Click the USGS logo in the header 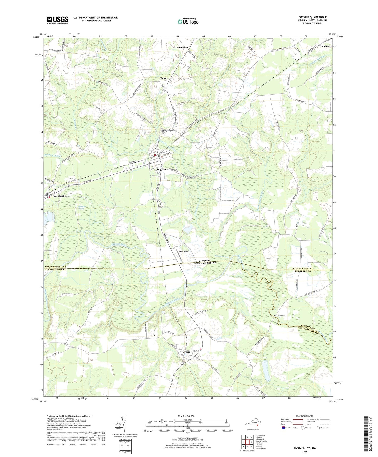(x=57, y=20)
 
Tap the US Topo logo (x=188, y=22)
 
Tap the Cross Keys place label (x=182, y=47)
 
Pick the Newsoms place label (x=324, y=46)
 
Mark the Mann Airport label (x=184, y=251)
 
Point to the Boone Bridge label (x=279, y=315)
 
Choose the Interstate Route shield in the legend (x=283, y=428)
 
